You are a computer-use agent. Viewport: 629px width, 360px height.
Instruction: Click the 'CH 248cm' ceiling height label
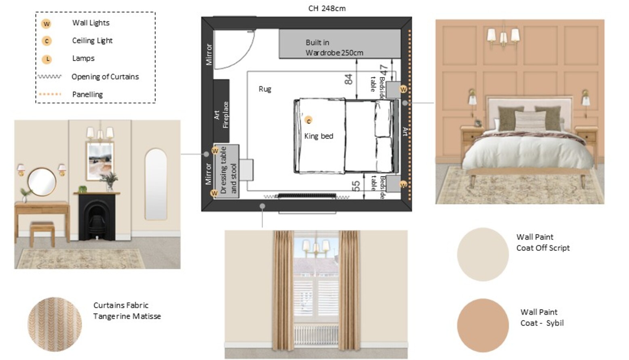pos(327,8)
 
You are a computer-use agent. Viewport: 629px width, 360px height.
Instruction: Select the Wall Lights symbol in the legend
pos(46,23)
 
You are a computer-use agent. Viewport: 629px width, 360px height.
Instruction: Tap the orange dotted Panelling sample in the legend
pos(50,94)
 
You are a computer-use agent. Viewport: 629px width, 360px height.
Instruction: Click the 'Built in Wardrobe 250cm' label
pos(334,47)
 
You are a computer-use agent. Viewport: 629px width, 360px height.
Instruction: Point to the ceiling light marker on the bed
pos(308,121)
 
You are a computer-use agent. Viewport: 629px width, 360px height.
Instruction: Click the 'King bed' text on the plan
pos(319,136)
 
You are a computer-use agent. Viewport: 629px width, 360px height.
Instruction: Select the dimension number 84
pos(348,79)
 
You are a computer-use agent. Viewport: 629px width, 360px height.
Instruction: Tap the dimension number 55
pos(356,186)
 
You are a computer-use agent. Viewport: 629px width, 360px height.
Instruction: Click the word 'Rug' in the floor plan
pos(265,89)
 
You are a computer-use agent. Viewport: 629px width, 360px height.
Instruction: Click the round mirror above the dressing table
pos(42,182)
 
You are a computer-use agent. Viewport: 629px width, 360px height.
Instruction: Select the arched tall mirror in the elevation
pos(156,184)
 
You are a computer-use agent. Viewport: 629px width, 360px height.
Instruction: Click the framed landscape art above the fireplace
pos(100,161)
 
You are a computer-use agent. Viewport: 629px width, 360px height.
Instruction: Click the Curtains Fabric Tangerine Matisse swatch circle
pos(55,324)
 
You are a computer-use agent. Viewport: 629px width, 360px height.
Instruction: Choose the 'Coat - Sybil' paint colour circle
pos(483,325)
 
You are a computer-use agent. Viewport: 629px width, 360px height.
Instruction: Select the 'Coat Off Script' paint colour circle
pos(483,254)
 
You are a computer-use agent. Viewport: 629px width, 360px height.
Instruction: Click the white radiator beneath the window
pos(316,335)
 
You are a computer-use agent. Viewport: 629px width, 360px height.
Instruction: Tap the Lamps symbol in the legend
pos(47,59)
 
